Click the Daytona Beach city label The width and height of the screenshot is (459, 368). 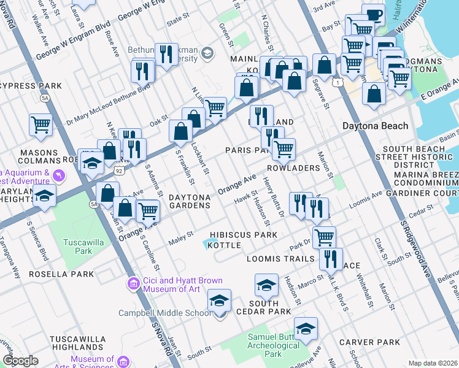pos(374,126)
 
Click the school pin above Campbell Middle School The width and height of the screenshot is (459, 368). pos(219,301)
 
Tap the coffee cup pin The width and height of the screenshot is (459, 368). pos(373,15)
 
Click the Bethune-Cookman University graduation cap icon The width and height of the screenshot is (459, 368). pos(207,53)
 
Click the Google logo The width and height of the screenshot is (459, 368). pos(20,361)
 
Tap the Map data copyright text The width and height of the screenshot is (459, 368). pos(432,363)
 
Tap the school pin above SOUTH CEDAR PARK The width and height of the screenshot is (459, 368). pos(266,285)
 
